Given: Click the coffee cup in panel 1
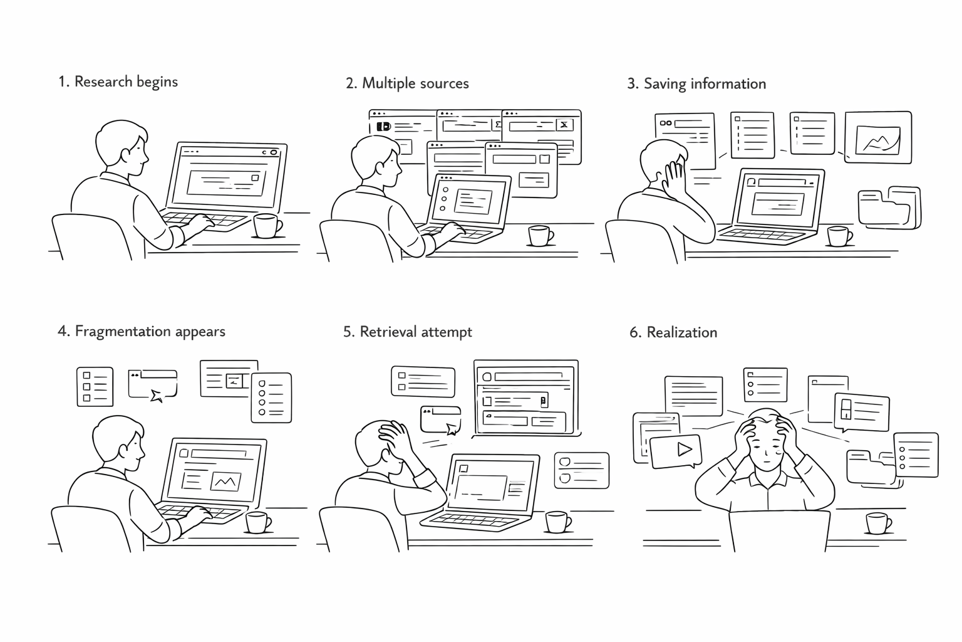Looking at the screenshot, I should click(x=266, y=226).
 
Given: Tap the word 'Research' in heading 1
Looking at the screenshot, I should click(x=103, y=82).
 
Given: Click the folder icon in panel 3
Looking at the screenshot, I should click(x=888, y=207).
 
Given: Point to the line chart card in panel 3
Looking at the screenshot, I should click(x=877, y=138).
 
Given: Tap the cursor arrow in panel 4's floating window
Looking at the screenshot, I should click(x=157, y=394).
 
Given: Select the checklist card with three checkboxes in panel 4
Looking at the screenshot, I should click(x=95, y=386).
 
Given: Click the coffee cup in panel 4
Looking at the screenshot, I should click(x=257, y=522).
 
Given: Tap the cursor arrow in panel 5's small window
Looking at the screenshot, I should click(x=451, y=429).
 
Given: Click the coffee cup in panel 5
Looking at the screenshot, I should click(x=557, y=522).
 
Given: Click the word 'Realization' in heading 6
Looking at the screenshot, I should click(x=681, y=332).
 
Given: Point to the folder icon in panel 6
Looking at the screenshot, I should click(x=870, y=466).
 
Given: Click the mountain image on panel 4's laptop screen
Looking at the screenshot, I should click(x=225, y=481).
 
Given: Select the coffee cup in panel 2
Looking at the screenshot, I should click(x=539, y=235).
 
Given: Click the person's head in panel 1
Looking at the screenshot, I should click(x=122, y=147).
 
